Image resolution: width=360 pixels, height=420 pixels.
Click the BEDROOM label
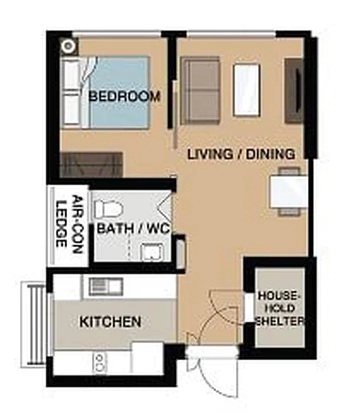(x=124, y=96)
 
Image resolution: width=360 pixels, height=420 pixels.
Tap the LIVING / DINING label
(x=241, y=154)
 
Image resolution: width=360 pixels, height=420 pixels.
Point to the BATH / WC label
(x=133, y=229)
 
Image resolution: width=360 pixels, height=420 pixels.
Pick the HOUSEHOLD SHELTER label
(x=280, y=308)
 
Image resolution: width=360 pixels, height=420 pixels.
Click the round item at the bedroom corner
(x=68, y=47)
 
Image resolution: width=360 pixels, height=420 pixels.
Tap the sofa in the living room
(x=200, y=90)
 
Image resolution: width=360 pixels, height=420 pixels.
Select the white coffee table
(x=247, y=90)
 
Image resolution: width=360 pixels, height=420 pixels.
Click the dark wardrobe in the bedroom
(x=91, y=165)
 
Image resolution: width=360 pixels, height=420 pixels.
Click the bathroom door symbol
(x=165, y=204)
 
